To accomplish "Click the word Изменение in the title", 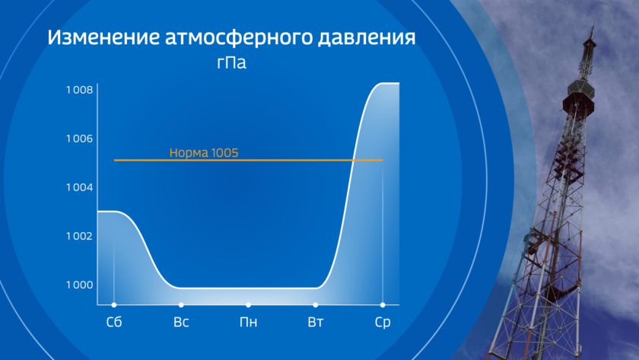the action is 103,37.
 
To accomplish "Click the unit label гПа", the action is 231,62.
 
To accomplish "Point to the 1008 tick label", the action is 79,90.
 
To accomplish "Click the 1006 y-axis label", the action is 79,139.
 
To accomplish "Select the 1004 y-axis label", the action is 79,187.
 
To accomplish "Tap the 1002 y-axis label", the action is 79,236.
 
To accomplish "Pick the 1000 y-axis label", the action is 79,285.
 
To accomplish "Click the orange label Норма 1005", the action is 204,153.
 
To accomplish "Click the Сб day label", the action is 114,322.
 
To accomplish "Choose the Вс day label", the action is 181,322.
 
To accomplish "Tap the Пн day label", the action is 248,322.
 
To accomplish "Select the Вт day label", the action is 316,322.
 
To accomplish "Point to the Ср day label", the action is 383,323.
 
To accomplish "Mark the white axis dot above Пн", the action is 248,305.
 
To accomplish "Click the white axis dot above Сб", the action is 114,305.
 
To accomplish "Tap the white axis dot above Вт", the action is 316,305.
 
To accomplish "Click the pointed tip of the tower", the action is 593,26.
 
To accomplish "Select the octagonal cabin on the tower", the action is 580,88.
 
